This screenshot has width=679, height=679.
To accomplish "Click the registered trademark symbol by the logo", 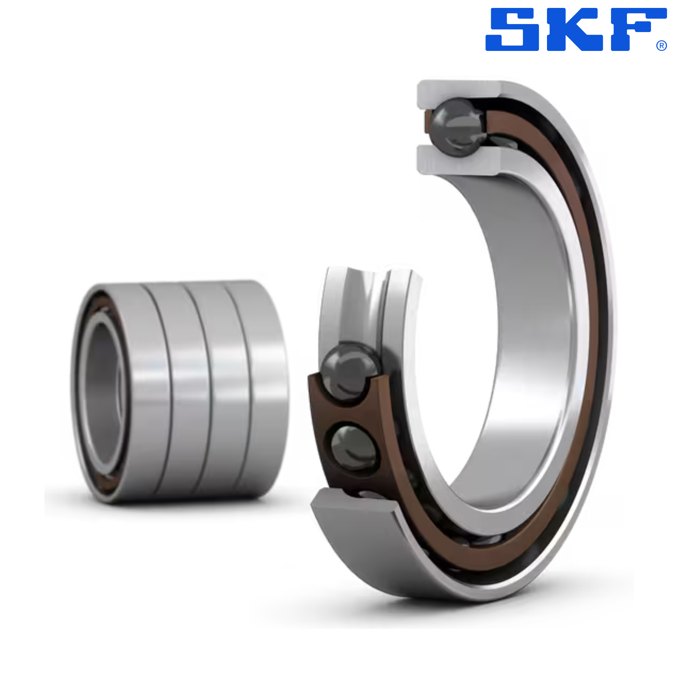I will coord(662,46).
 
